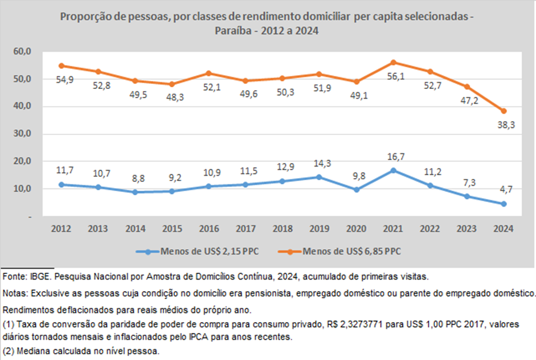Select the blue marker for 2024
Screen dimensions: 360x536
point(503,204)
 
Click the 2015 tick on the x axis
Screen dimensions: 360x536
point(170,228)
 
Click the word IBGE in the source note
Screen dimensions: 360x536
point(41,276)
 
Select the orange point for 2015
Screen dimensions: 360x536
point(170,84)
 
